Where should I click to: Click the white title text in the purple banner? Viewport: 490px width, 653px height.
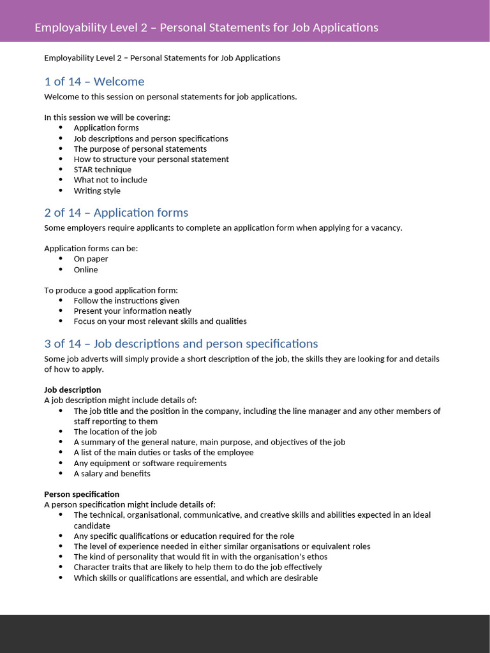(206, 27)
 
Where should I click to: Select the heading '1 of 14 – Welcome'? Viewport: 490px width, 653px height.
(94, 82)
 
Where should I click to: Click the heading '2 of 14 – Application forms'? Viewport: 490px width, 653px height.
(116, 212)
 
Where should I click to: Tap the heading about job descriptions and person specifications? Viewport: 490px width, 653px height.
(181, 344)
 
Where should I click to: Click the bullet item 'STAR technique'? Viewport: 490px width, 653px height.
(102, 170)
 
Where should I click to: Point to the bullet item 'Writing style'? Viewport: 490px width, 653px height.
(96, 191)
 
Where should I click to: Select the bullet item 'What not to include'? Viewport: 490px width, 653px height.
(110, 180)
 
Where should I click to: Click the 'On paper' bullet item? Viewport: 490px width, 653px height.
(91, 259)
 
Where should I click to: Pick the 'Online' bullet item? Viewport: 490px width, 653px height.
(85, 270)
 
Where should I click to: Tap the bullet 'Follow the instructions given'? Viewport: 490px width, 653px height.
(126, 300)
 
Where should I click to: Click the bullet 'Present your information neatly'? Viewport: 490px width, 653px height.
(132, 311)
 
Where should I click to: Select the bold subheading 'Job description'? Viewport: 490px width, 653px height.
(72, 390)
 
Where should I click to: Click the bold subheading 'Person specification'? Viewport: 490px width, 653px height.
(81, 494)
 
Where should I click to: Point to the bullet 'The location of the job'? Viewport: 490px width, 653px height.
(115, 432)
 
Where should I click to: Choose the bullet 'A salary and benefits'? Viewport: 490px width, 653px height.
(112, 474)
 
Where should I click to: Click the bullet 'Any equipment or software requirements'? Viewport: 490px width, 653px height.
(150, 463)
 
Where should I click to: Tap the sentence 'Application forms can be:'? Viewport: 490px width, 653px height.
(91, 249)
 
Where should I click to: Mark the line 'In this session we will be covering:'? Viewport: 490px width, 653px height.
(107, 117)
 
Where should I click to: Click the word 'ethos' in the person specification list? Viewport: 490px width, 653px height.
(316, 557)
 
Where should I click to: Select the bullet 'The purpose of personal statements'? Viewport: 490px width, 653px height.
(140, 149)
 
